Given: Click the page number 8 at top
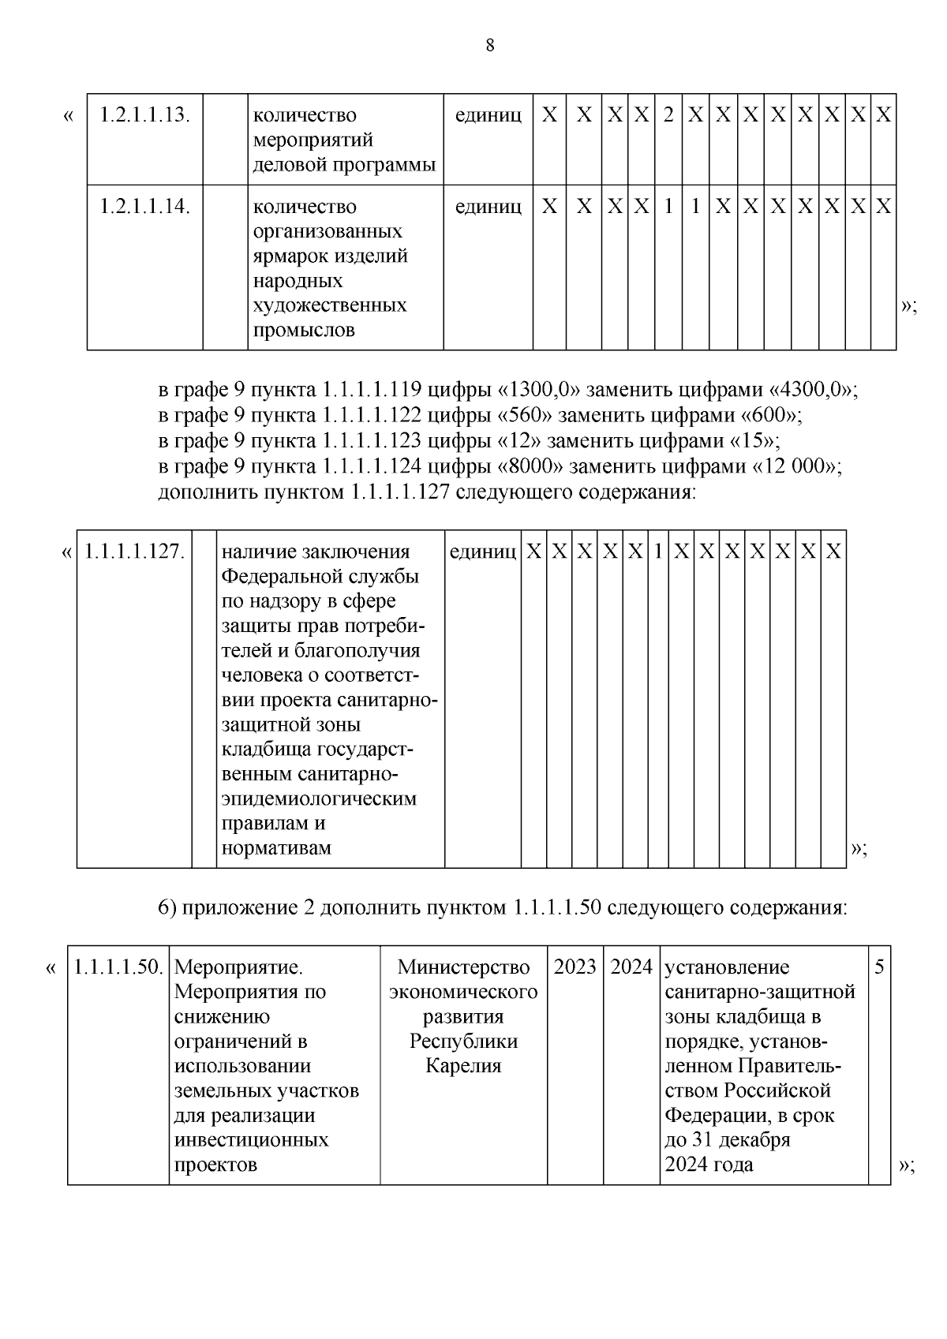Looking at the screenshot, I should (489, 46).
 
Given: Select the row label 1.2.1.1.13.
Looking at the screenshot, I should (145, 115).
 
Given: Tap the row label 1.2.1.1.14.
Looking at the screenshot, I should (145, 207).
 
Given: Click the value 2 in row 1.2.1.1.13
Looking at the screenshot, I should (668, 115).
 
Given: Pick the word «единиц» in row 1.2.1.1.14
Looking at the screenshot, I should (488, 207).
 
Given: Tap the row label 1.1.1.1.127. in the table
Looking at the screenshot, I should (134, 552).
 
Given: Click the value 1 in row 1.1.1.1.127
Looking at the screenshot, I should (657, 552).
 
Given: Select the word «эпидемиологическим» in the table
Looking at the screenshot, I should (319, 799).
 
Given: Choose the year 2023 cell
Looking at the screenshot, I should (575, 967).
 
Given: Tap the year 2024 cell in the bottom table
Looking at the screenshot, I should (631, 967).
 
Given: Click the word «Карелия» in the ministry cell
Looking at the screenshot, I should (463, 1066).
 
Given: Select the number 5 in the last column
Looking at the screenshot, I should (879, 967).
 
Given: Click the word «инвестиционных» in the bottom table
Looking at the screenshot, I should (251, 1140).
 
